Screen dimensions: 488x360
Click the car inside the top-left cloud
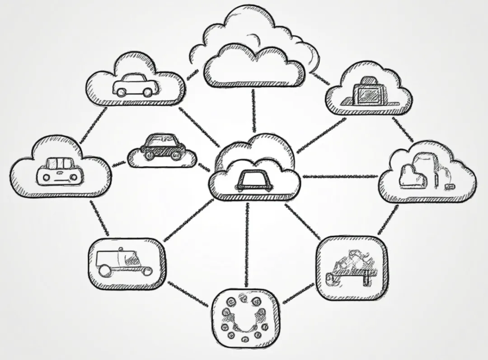click(136, 85)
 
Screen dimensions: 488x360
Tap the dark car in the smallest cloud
click(162, 146)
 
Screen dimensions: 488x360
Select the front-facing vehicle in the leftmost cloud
click(60, 170)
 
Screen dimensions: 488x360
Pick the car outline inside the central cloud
click(253, 180)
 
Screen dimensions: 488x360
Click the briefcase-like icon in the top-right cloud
click(369, 93)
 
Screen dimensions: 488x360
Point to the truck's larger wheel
click(104, 271)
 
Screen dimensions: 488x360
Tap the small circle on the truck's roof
click(121, 249)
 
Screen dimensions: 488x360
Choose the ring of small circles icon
click(244, 316)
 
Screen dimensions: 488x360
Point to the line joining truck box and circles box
click(188, 293)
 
